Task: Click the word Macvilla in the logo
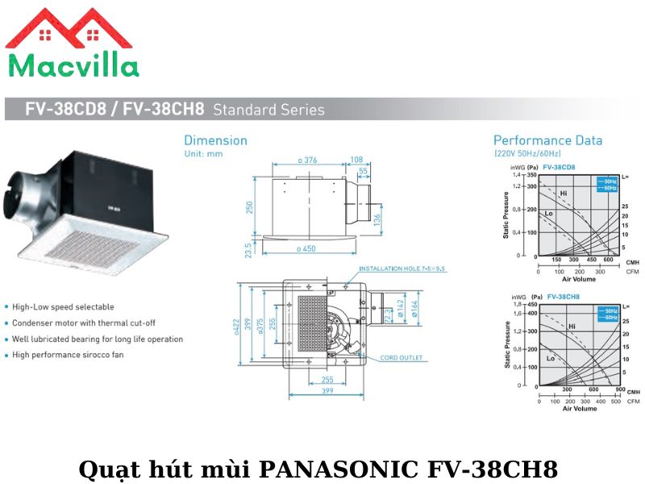73,65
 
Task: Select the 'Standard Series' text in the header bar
269,110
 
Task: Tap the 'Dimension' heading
215,140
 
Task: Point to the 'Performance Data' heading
547,140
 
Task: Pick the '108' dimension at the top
356,160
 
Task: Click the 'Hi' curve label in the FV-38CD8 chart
564,194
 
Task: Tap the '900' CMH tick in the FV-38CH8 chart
619,389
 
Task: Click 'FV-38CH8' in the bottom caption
490,469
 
